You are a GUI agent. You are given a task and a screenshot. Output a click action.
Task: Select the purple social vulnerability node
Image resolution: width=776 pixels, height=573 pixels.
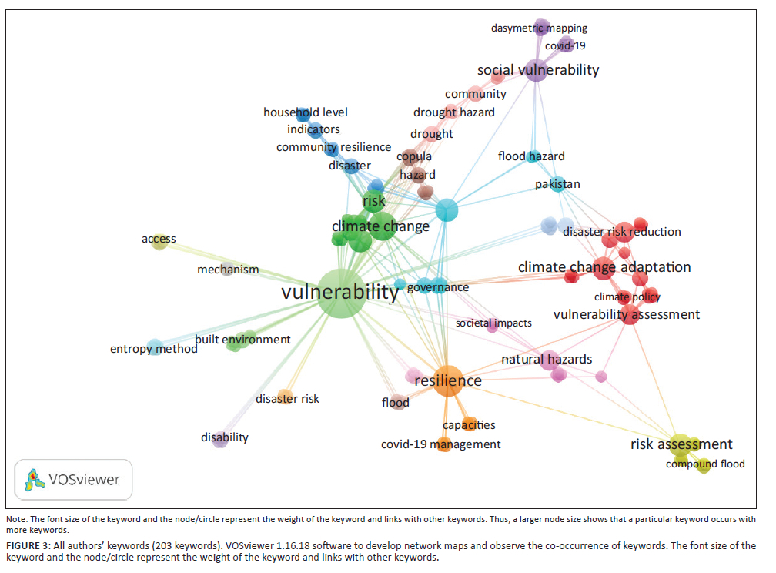(x=536, y=70)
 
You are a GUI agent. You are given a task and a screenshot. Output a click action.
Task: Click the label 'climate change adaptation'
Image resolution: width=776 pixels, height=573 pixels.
(x=604, y=267)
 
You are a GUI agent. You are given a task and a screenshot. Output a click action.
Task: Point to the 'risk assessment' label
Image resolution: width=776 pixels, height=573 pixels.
(x=681, y=444)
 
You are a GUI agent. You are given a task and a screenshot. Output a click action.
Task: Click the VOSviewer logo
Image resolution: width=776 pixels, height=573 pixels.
(x=74, y=479)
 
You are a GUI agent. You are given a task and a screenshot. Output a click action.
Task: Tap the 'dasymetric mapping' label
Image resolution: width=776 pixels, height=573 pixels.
(x=539, y=28)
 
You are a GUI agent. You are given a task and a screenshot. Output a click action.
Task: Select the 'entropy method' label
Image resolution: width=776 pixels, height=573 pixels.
(x=154, y=349)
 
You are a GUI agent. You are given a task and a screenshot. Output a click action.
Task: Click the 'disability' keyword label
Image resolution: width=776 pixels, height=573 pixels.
(x=225, y=437)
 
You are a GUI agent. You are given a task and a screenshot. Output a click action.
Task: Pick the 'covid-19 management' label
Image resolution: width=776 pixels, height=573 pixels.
(x=441, y=444)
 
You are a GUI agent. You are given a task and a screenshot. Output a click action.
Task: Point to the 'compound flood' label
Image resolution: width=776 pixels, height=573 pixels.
(x=705, y=464)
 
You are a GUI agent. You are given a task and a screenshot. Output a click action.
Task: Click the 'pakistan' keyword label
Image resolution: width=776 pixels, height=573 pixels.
(x=558, y=184)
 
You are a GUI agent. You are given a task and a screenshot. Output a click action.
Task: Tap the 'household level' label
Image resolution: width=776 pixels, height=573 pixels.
(x=306, y=112)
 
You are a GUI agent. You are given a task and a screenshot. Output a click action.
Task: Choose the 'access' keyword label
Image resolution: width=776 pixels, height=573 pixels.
(x=159, y=239)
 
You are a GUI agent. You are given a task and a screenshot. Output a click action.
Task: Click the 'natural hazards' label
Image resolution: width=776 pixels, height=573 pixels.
(x=547, y=359)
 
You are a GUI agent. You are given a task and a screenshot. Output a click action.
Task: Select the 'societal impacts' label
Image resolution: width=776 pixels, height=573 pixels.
(x=493, y=323)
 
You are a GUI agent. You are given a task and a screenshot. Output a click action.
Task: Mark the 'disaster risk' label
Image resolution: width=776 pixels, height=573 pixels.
(x=287, y=399)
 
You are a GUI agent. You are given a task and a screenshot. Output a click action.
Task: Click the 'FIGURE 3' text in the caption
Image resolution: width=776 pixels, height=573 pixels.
(x=27, y=545)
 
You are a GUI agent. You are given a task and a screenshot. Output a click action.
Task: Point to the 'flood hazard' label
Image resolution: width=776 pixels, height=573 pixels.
(x=531, y=156)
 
